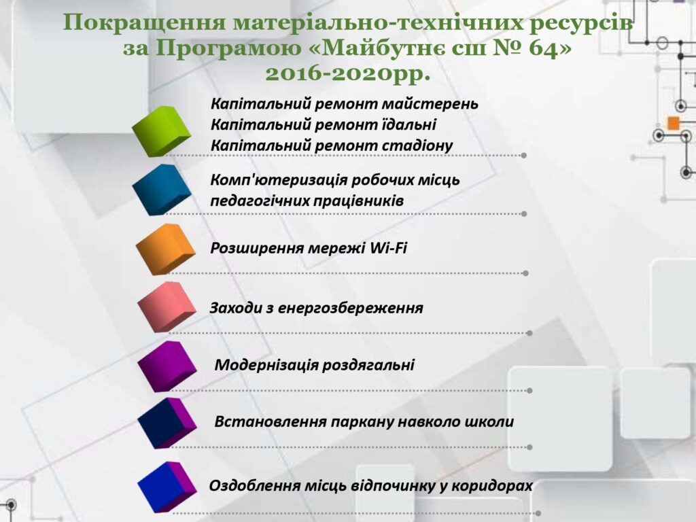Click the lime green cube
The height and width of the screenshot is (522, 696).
[161, 131]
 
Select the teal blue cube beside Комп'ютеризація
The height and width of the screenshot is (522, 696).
[162, 190]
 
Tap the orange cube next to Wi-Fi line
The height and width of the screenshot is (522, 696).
[165, 249]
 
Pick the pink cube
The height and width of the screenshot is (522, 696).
[167, 307]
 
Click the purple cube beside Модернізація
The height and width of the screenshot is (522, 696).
[167, 366]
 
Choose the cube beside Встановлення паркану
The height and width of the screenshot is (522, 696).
[167, 423]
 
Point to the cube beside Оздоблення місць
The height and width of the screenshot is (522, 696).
[167, 487]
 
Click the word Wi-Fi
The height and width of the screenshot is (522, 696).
[388, 247]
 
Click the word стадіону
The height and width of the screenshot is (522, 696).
[417, 145]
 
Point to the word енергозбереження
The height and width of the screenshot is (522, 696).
[350, 308]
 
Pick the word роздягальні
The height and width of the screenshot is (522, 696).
[368, 365]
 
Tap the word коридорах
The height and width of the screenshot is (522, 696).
[492, 485]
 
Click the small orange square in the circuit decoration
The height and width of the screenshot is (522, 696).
[674, 123]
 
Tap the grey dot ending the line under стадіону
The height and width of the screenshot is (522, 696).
[524, 156]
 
